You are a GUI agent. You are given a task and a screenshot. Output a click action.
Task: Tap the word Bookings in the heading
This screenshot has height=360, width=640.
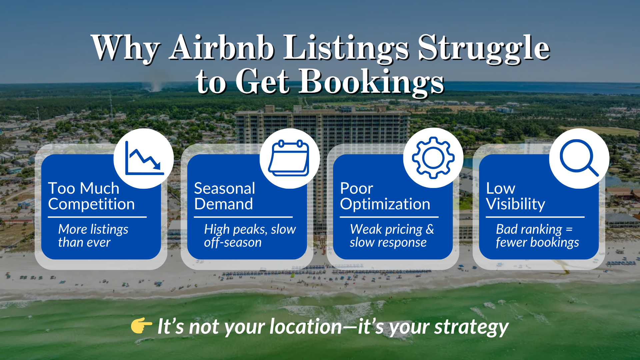tap(371, 82)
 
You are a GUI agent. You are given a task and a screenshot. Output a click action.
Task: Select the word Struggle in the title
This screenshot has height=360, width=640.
tap(483, 48)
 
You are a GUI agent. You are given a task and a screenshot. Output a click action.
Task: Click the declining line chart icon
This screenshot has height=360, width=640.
tap(144, 158)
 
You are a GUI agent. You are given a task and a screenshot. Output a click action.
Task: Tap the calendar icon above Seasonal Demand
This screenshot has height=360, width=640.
tap(289, 158)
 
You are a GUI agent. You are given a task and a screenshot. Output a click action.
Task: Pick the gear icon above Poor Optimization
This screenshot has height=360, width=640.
tap(433, 158)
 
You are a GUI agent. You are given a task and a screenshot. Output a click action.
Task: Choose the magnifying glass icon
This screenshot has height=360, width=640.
tap(579, 158)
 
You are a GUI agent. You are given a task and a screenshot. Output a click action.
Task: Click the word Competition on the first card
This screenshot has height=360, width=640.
tap(91, 204)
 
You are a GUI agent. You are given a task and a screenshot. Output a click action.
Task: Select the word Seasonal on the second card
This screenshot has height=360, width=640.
tap(224, 188)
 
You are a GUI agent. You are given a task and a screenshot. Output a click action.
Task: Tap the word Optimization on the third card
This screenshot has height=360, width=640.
tap(385, 204)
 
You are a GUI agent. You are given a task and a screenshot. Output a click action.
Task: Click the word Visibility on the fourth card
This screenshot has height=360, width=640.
tap(515, 204)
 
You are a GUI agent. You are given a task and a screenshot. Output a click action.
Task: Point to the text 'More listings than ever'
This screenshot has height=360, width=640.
tap(93, 236)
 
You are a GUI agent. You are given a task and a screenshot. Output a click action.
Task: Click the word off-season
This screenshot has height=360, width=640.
tap(233, 242)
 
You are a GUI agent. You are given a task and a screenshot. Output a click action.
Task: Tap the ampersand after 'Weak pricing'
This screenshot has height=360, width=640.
tap(430, 229)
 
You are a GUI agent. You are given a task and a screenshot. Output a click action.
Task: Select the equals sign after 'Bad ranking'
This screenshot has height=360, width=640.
tap(569, 229)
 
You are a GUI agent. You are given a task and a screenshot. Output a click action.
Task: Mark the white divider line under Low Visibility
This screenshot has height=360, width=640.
tap(535, 217)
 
